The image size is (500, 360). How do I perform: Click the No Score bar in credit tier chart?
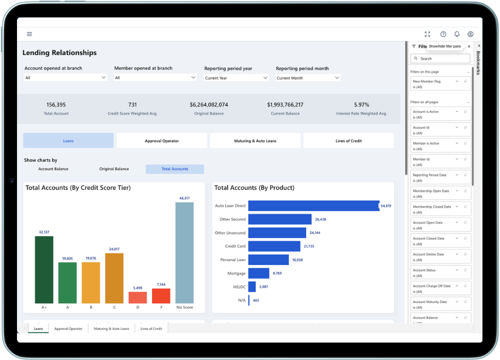(184, 252)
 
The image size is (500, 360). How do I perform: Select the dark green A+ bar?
(44, 269)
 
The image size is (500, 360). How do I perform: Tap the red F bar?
(161, 295)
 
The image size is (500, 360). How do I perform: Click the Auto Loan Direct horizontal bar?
(313, 206)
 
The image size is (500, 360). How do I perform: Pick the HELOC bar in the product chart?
(252, 286)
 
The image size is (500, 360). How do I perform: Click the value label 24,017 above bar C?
(114, 249)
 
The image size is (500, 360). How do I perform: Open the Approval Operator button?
(161, 141)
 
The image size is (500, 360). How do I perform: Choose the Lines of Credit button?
(348, 141)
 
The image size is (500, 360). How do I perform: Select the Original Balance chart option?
(114, 169)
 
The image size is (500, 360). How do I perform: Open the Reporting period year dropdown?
(236, 78)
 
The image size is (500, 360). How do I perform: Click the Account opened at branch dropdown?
(65, 78)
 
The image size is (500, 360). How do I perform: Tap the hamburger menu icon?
(29, 34)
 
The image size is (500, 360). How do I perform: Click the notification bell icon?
(457, 34)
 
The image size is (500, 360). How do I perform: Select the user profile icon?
(470, 34)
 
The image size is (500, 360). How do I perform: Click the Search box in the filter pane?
(440, 58)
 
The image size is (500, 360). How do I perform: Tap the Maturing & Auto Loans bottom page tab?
(111, 328)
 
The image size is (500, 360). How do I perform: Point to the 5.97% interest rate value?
(361, 105)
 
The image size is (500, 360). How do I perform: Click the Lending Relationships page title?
(59, 53)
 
